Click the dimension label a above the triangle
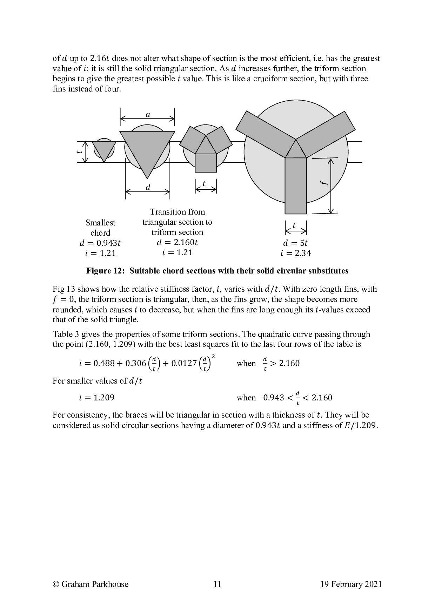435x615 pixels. coord(148,115)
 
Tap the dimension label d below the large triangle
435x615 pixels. coord(148,188)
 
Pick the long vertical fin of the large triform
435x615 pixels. coord(295,186)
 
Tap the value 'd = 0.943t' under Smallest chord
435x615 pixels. coord(100,243)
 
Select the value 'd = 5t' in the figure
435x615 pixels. coord(295,243)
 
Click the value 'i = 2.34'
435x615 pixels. coord(295,253)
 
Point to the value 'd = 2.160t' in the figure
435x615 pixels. coord(177,242)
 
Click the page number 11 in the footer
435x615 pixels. coord(217,584)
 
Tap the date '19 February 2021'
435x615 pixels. coord(351,584)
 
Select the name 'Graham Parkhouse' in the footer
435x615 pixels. coord(95,584)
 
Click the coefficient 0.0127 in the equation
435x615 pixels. coord(185,363)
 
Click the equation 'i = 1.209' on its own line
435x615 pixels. coord(96,398)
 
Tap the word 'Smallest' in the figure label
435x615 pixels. coord(100,223)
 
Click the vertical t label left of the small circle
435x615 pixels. coord(80,152)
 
